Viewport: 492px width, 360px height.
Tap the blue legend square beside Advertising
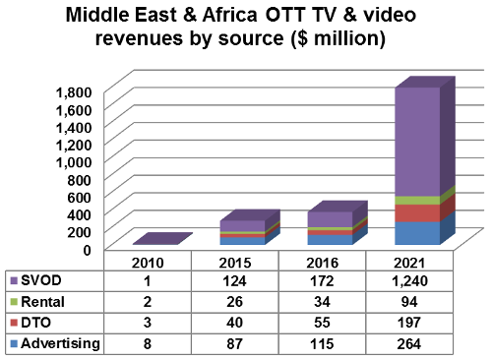(x=12, y=342)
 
